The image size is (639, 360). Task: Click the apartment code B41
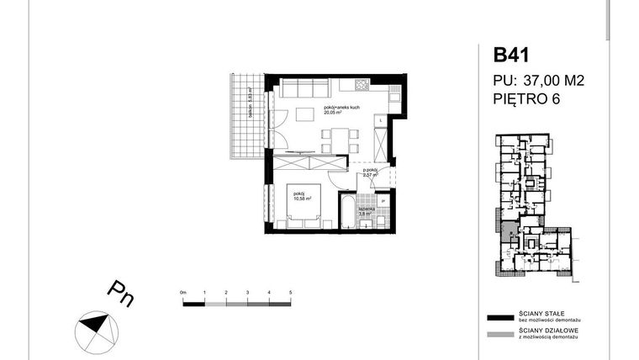point(512,56)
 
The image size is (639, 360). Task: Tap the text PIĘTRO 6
point(526,99)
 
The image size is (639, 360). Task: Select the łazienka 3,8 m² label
point(366,211)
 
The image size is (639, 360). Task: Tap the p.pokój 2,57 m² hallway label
point(370,172)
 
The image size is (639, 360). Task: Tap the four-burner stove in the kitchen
point(362,84)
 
